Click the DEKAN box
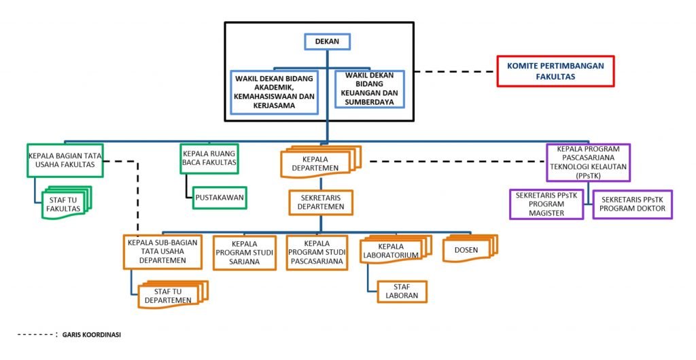(x=327, y=42)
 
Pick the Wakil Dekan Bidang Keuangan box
(x=370, y=88)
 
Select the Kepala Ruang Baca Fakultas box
(x=209, y=158)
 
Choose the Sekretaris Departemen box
(x=321, y=202)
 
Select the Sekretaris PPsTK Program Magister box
(x=546, y=204)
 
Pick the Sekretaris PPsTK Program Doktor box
(x=632, y=204)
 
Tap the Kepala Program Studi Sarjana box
(x=245, y=252)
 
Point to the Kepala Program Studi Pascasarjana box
(x=317, y=252)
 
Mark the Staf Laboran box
(x=401, y=291)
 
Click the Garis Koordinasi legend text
(x=91, y=335)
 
